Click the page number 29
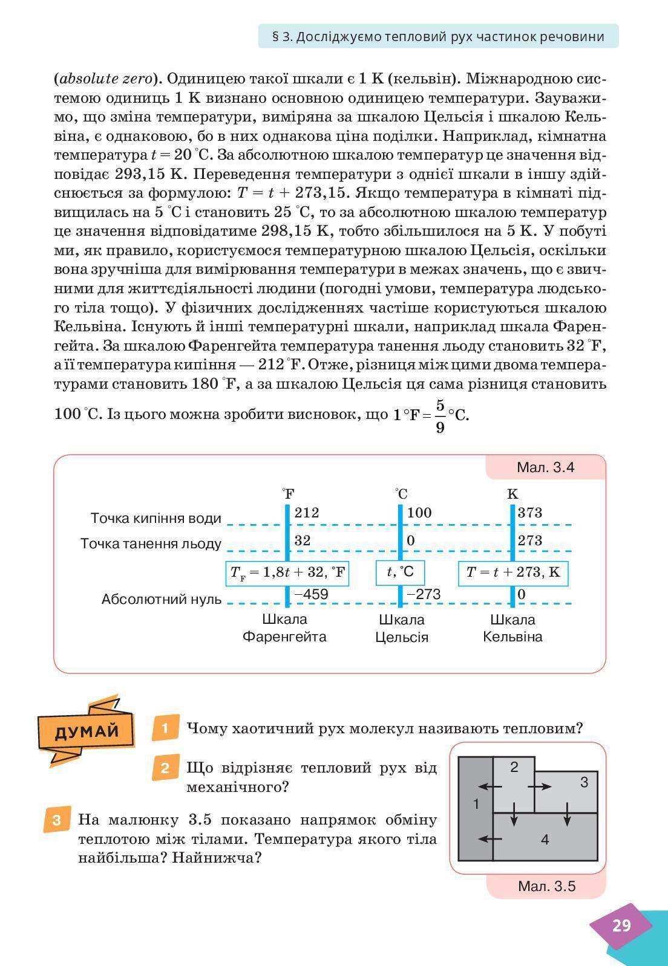621,925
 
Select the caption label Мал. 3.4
545,467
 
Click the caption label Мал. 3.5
546,887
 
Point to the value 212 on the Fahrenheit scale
307,513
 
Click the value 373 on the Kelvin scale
530,513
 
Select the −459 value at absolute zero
311,595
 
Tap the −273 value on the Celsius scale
424,595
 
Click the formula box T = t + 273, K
513,572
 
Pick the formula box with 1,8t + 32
288,572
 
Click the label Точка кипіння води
156,519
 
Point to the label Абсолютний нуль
162,600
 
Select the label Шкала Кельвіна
512,628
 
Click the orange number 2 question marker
165,768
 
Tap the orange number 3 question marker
57,820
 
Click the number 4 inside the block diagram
545,840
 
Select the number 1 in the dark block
476,805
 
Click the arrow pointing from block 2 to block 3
540,786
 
